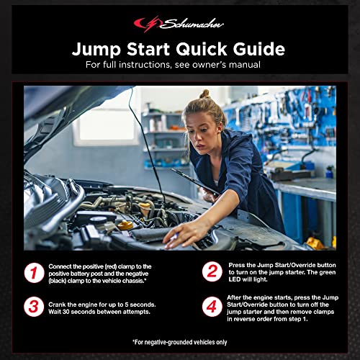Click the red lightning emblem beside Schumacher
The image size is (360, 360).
pyautogui.click(x=146, y=24)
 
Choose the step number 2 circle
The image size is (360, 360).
pyautogui.click(x=212, y=271)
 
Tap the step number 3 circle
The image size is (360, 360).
pyautogui.click(x=33, y=306)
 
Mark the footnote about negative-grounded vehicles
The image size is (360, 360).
pyautogui.click(x=179, y=341)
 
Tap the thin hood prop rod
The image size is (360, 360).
pyautogui.click(x=146, y=144)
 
